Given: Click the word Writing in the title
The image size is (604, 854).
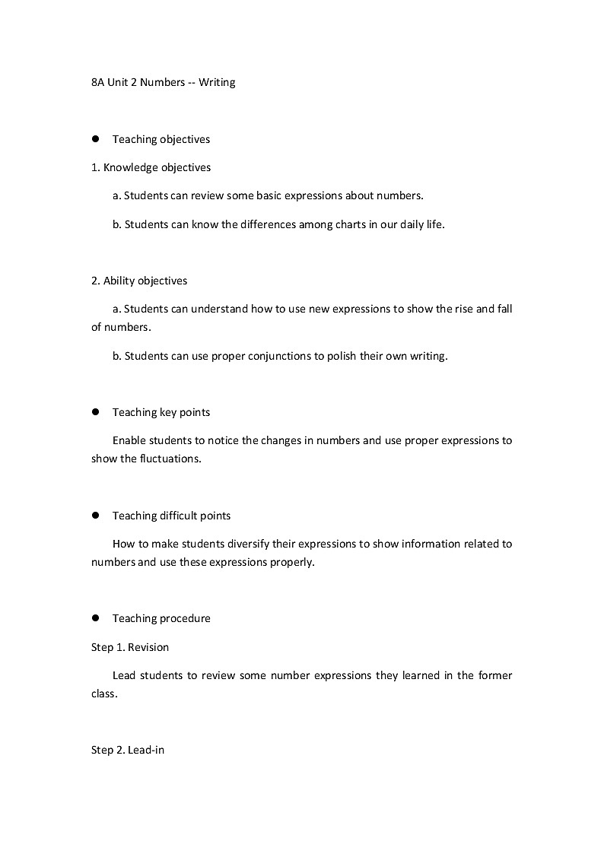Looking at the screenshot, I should point(217,82).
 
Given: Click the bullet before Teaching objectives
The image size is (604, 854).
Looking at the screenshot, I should point(97,139).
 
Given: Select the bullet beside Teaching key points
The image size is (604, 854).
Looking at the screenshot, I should point(97,412).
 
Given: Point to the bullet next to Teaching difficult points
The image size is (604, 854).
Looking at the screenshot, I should point(97,516).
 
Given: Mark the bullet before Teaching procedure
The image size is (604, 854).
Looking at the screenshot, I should point(97,618).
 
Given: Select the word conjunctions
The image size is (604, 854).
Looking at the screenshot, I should point(279,355).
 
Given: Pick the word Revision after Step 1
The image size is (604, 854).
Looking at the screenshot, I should point(148,647).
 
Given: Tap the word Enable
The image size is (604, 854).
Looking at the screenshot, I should point(129,440).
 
